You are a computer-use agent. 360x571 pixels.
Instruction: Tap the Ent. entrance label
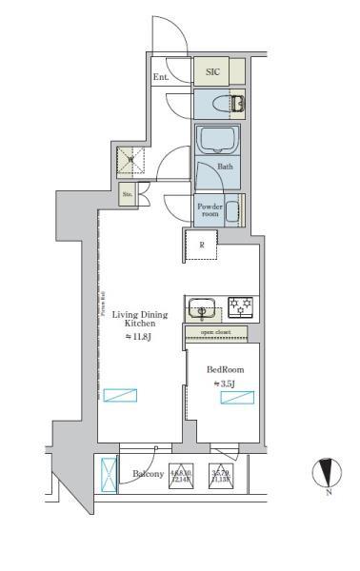161,78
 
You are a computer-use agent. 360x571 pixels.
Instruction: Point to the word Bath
226,167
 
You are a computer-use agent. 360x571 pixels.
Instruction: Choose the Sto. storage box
128,196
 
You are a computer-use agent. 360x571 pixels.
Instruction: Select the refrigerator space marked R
201,246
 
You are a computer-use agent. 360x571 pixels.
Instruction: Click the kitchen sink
202,308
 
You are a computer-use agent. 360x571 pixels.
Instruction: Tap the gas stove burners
239,306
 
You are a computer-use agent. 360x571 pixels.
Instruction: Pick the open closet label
214,333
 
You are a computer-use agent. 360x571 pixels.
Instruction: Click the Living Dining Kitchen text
133,318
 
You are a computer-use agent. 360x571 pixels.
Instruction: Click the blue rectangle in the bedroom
236,398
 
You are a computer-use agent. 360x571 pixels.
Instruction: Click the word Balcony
148,473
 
